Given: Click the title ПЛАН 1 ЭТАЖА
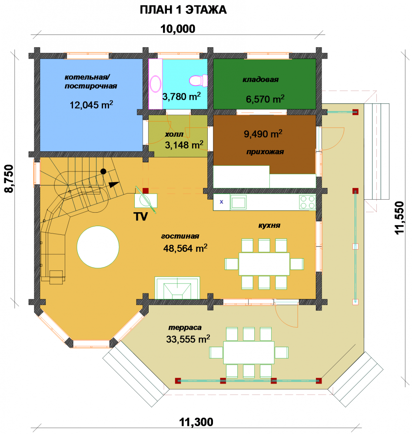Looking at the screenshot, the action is coord(183,10).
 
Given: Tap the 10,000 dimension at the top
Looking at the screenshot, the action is coord(178,29).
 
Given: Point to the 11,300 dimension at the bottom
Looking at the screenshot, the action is coord(196,422).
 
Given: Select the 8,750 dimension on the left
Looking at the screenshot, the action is coord(9,178).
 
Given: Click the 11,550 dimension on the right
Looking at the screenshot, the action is coord(399,218).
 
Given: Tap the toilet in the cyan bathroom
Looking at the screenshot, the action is coord(198,81).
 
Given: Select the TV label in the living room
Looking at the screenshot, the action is coord(140,217).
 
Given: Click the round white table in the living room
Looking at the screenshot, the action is coord(98,247).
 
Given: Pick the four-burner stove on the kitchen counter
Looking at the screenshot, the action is coord(307,202).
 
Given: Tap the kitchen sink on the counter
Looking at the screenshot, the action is coord(239,202).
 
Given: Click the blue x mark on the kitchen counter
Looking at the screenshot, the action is coord(221,202).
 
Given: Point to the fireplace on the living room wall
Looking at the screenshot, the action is coord(177,288).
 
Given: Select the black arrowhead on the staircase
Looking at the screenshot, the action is coord(114,184).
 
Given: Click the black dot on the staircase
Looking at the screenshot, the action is coord(103,171).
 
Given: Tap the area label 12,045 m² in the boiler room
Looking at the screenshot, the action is coord(91,105).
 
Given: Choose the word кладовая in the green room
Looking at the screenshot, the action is coord(260,80).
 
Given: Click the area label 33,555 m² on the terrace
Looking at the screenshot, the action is coord(188,339).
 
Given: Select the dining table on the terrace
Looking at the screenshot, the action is coord(249,352).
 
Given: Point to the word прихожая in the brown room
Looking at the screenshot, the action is coord(265,152).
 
